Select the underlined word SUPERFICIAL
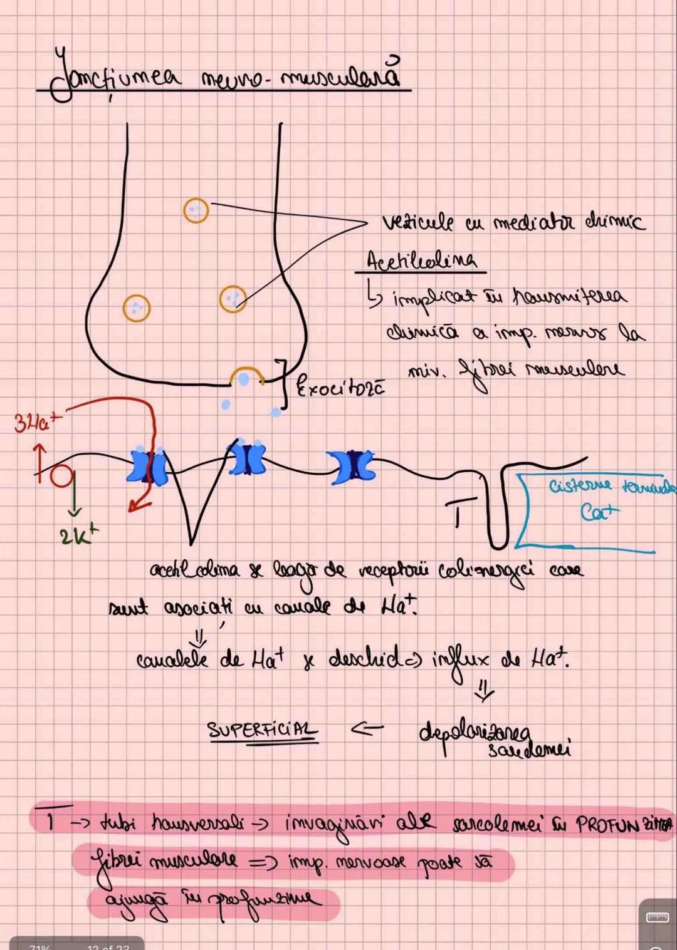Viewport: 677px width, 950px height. (263, 730)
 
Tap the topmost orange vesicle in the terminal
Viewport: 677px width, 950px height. (196, 210)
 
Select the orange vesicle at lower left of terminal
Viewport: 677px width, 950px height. (137, 308)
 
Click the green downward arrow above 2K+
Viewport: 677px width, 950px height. (74, 495)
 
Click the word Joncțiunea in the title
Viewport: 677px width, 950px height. (110, 76)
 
